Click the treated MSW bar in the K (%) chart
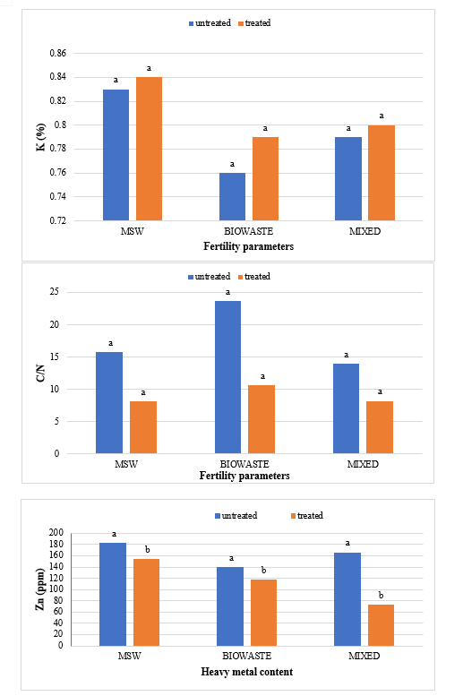click(150, 149)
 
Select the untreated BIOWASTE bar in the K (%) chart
click(232, 197)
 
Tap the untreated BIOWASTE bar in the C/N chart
click(228, 377)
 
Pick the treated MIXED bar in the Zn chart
click(381, 625)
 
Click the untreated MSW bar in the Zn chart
click(113, 595)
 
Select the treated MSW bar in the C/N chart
click(143, 427)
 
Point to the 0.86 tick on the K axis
click(57, 53)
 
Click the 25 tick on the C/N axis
click(54, 292)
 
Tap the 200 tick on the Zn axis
click(56, 532)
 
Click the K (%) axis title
click(41, 137)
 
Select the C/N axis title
click(41, 374)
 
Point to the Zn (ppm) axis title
click(40, 589)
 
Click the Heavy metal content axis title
click(247, 672)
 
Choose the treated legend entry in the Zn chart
click(307, 516)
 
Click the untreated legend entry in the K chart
click(210, 23)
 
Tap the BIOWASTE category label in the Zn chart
click(246, 656)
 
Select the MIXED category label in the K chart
click(364, 231)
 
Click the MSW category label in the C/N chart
click(126, 464)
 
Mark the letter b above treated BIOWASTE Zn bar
click(263, 570)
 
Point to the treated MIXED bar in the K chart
click(382, 173)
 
